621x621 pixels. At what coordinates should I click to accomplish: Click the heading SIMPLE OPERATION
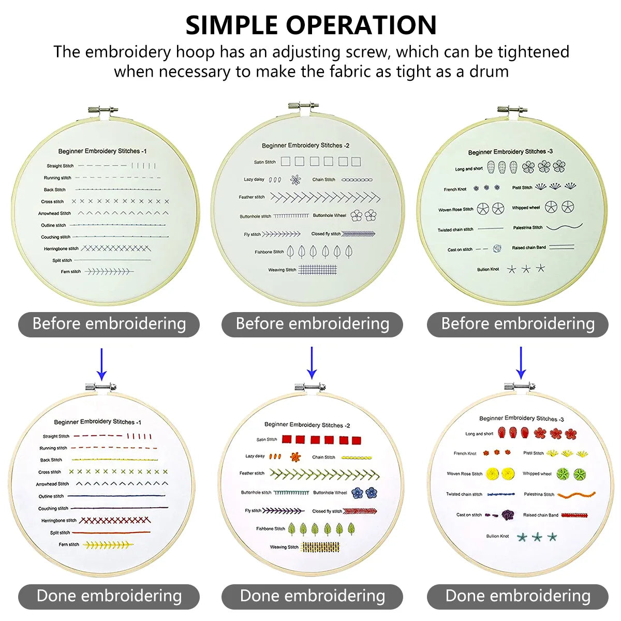[311, 25]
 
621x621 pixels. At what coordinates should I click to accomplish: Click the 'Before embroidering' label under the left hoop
[109, 324]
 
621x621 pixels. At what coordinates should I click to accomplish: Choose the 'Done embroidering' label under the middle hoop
[312, 596]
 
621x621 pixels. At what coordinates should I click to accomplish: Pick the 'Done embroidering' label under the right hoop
[517, 596]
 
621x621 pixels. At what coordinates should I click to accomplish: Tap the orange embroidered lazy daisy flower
[295, 456]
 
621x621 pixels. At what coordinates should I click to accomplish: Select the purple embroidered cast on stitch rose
[508, 514]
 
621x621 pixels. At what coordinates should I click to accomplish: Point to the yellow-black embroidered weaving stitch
[320, 546]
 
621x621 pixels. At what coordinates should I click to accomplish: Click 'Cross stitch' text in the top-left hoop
[53, 201]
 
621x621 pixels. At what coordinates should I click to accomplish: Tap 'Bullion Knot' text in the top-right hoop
[488, 269]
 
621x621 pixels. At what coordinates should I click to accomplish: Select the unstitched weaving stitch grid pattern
[318, 270]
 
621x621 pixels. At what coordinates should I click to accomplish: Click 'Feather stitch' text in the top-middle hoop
[252, 197]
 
